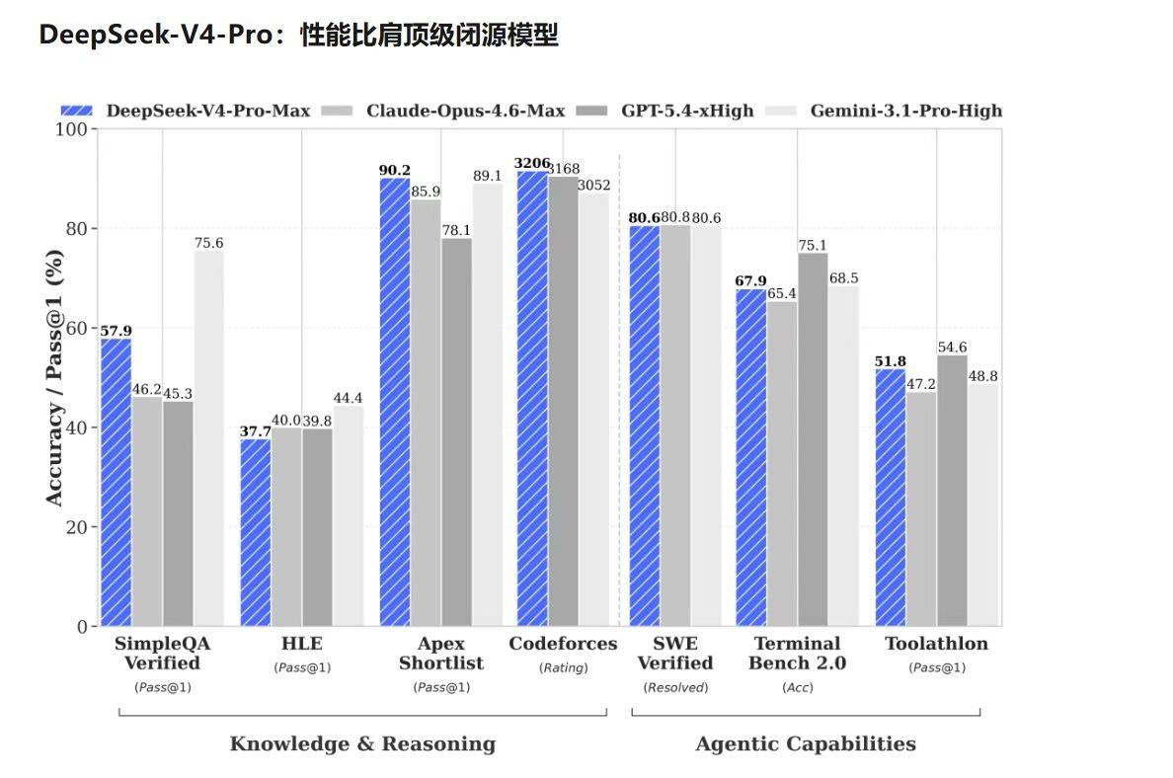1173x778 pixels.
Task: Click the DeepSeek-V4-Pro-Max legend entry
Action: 185,111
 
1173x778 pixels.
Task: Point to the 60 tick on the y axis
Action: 80,329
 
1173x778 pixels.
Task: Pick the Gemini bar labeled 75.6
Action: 208,438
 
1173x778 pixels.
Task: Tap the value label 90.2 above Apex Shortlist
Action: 394,170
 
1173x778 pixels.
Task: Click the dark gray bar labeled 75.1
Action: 813,439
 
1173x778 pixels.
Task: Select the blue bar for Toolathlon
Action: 890,498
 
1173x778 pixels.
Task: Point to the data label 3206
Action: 531,163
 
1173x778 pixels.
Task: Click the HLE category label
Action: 302,644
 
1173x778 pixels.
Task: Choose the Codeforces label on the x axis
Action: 563,644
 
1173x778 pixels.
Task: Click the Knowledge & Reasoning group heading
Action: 362,743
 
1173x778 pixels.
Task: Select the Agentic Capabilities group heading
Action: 806,743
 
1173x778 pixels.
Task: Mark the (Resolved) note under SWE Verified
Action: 675,687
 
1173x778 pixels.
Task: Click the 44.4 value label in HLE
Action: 348,398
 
